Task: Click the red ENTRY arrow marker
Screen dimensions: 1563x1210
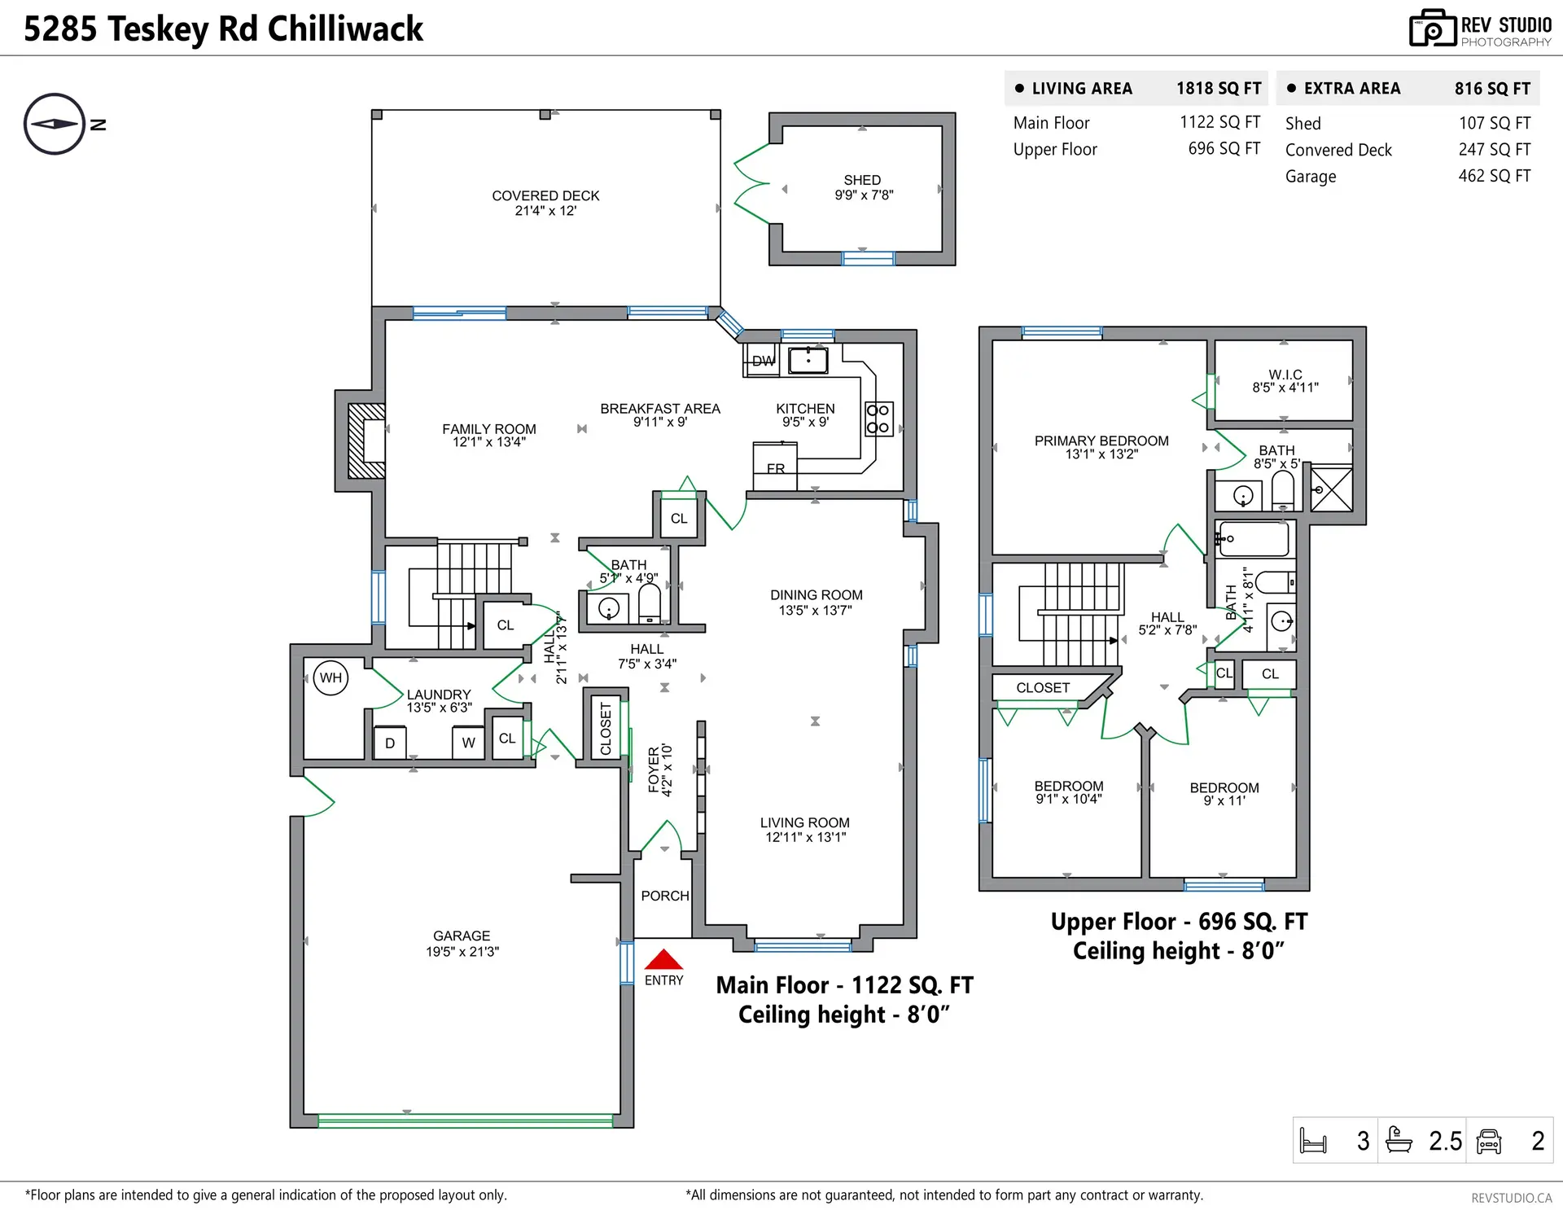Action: point(663,958)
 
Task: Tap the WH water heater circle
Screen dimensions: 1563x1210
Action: point(331,677)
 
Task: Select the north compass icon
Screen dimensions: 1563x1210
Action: point(55,124)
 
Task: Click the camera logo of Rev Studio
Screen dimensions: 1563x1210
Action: point(1432,28)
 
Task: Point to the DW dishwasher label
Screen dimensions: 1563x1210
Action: point(764,361)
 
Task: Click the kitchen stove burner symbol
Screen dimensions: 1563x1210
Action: point(878,419)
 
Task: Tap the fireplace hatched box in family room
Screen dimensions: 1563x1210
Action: point(366,441)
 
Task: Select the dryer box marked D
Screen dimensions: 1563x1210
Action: point(390,743)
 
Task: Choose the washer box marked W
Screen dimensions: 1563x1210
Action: point(468,743)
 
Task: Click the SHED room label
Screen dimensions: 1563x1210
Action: point(862,180)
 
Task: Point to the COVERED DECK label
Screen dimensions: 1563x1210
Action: point(545,195)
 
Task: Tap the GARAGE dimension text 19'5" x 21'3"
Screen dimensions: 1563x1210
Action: point(462,951)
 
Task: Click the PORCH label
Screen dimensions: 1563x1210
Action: point(665,896)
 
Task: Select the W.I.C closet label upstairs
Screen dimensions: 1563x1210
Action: point(1285,375)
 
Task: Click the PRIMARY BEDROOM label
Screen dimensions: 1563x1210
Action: point(1101,441)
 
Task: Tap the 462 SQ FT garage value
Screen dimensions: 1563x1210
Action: point(1495,176)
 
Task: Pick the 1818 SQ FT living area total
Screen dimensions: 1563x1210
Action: point(1219,88)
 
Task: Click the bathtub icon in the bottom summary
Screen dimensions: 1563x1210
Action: point(1399,1139)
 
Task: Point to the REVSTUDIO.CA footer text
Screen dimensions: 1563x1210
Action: point(1512,1198)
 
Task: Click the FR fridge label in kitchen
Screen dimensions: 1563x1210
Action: point(776,469)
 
